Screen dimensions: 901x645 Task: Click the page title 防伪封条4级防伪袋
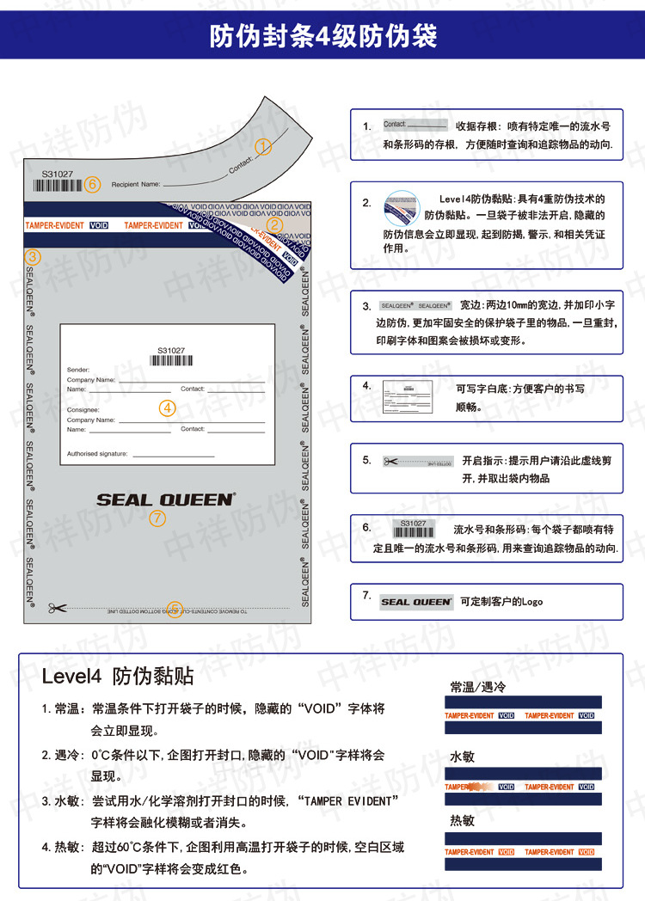(x=322, y=36)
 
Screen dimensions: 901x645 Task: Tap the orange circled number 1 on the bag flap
(x=263, y=147)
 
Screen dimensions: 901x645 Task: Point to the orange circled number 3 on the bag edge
(x=33, y=256)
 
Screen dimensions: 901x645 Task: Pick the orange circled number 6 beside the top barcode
(x=94, y=184)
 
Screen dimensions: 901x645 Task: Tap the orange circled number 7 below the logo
(x=156, y=518)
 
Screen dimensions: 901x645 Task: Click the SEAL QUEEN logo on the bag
(x=165, y=500)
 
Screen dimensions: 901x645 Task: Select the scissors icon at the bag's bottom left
(x=58, y=609)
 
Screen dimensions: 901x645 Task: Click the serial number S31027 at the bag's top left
(x=58, y=174)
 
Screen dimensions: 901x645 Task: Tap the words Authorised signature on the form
(x=97, y=453)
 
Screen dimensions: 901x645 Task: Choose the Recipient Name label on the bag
(x=136, y=184)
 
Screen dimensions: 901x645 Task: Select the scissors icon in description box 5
(x=391, y=462)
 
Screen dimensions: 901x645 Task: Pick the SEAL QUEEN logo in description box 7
(x=416, y=602)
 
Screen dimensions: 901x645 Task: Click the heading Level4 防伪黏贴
(x=117, y=676)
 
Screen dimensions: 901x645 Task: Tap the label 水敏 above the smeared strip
(x=462, y=757)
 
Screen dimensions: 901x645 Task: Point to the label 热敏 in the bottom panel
(x=462, y=820)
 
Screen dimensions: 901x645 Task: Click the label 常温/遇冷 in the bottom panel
(x=479, y=687)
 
